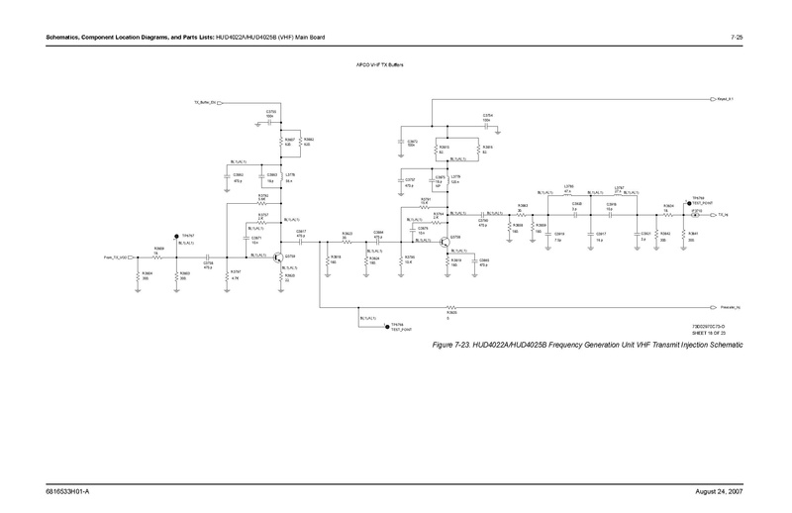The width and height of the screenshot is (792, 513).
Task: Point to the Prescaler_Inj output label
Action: [x=734, y=309]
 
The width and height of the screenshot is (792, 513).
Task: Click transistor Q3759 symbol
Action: [x=279, y=257]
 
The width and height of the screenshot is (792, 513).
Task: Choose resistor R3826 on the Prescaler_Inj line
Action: [x=450, y=309]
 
